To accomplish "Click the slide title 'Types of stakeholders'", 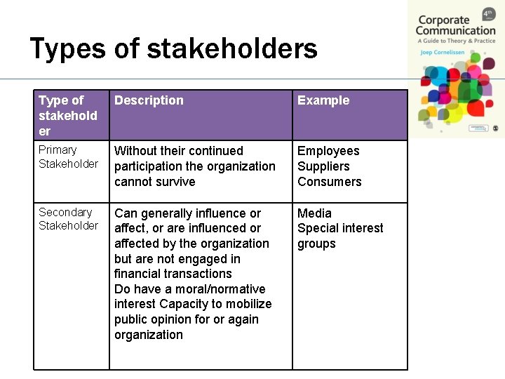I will (x=173, y=49).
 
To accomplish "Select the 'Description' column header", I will (x=149, y=100).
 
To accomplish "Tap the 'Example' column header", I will (x=323, y=100).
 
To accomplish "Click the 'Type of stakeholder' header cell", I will (x=67, y=115).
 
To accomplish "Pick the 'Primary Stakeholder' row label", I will (x=68, y=157).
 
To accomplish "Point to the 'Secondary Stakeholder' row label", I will (x=68, y=218).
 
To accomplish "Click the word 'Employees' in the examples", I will (x=328, y=151).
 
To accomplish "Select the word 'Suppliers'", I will (x=323, y=166).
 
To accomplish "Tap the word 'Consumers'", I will (x=329, y=182).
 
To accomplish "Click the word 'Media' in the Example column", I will (x=314, y=213).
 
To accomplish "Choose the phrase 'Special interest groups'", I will (x=339, y=235).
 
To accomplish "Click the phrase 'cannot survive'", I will (x=155, y=182).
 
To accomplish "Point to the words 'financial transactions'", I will (x=173, y=274).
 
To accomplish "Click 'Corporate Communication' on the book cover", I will (x=454, y=25).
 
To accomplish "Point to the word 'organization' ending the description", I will (x=149, y=335).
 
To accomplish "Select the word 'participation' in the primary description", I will (x=147, y=166).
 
